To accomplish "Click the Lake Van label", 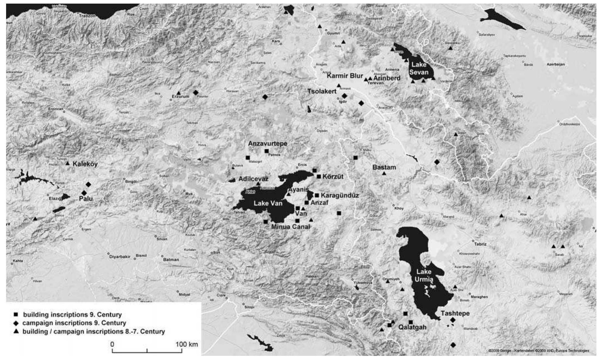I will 268,203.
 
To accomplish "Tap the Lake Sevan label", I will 419,68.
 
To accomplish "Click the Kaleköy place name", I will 85,164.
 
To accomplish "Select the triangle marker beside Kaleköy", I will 68,164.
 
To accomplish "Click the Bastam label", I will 384,167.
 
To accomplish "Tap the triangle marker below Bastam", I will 384,173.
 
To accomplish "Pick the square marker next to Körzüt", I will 319,176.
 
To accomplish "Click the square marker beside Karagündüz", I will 317,195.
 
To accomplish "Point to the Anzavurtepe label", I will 268,144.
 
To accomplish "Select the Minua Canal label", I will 290,227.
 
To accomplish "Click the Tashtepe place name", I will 455,313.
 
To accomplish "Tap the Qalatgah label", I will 412,327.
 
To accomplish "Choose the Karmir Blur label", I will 345,76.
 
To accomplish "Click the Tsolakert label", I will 322,91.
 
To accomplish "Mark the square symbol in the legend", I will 16,315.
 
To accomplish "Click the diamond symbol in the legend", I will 16,323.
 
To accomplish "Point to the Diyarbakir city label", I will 120,257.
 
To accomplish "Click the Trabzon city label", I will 87,16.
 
